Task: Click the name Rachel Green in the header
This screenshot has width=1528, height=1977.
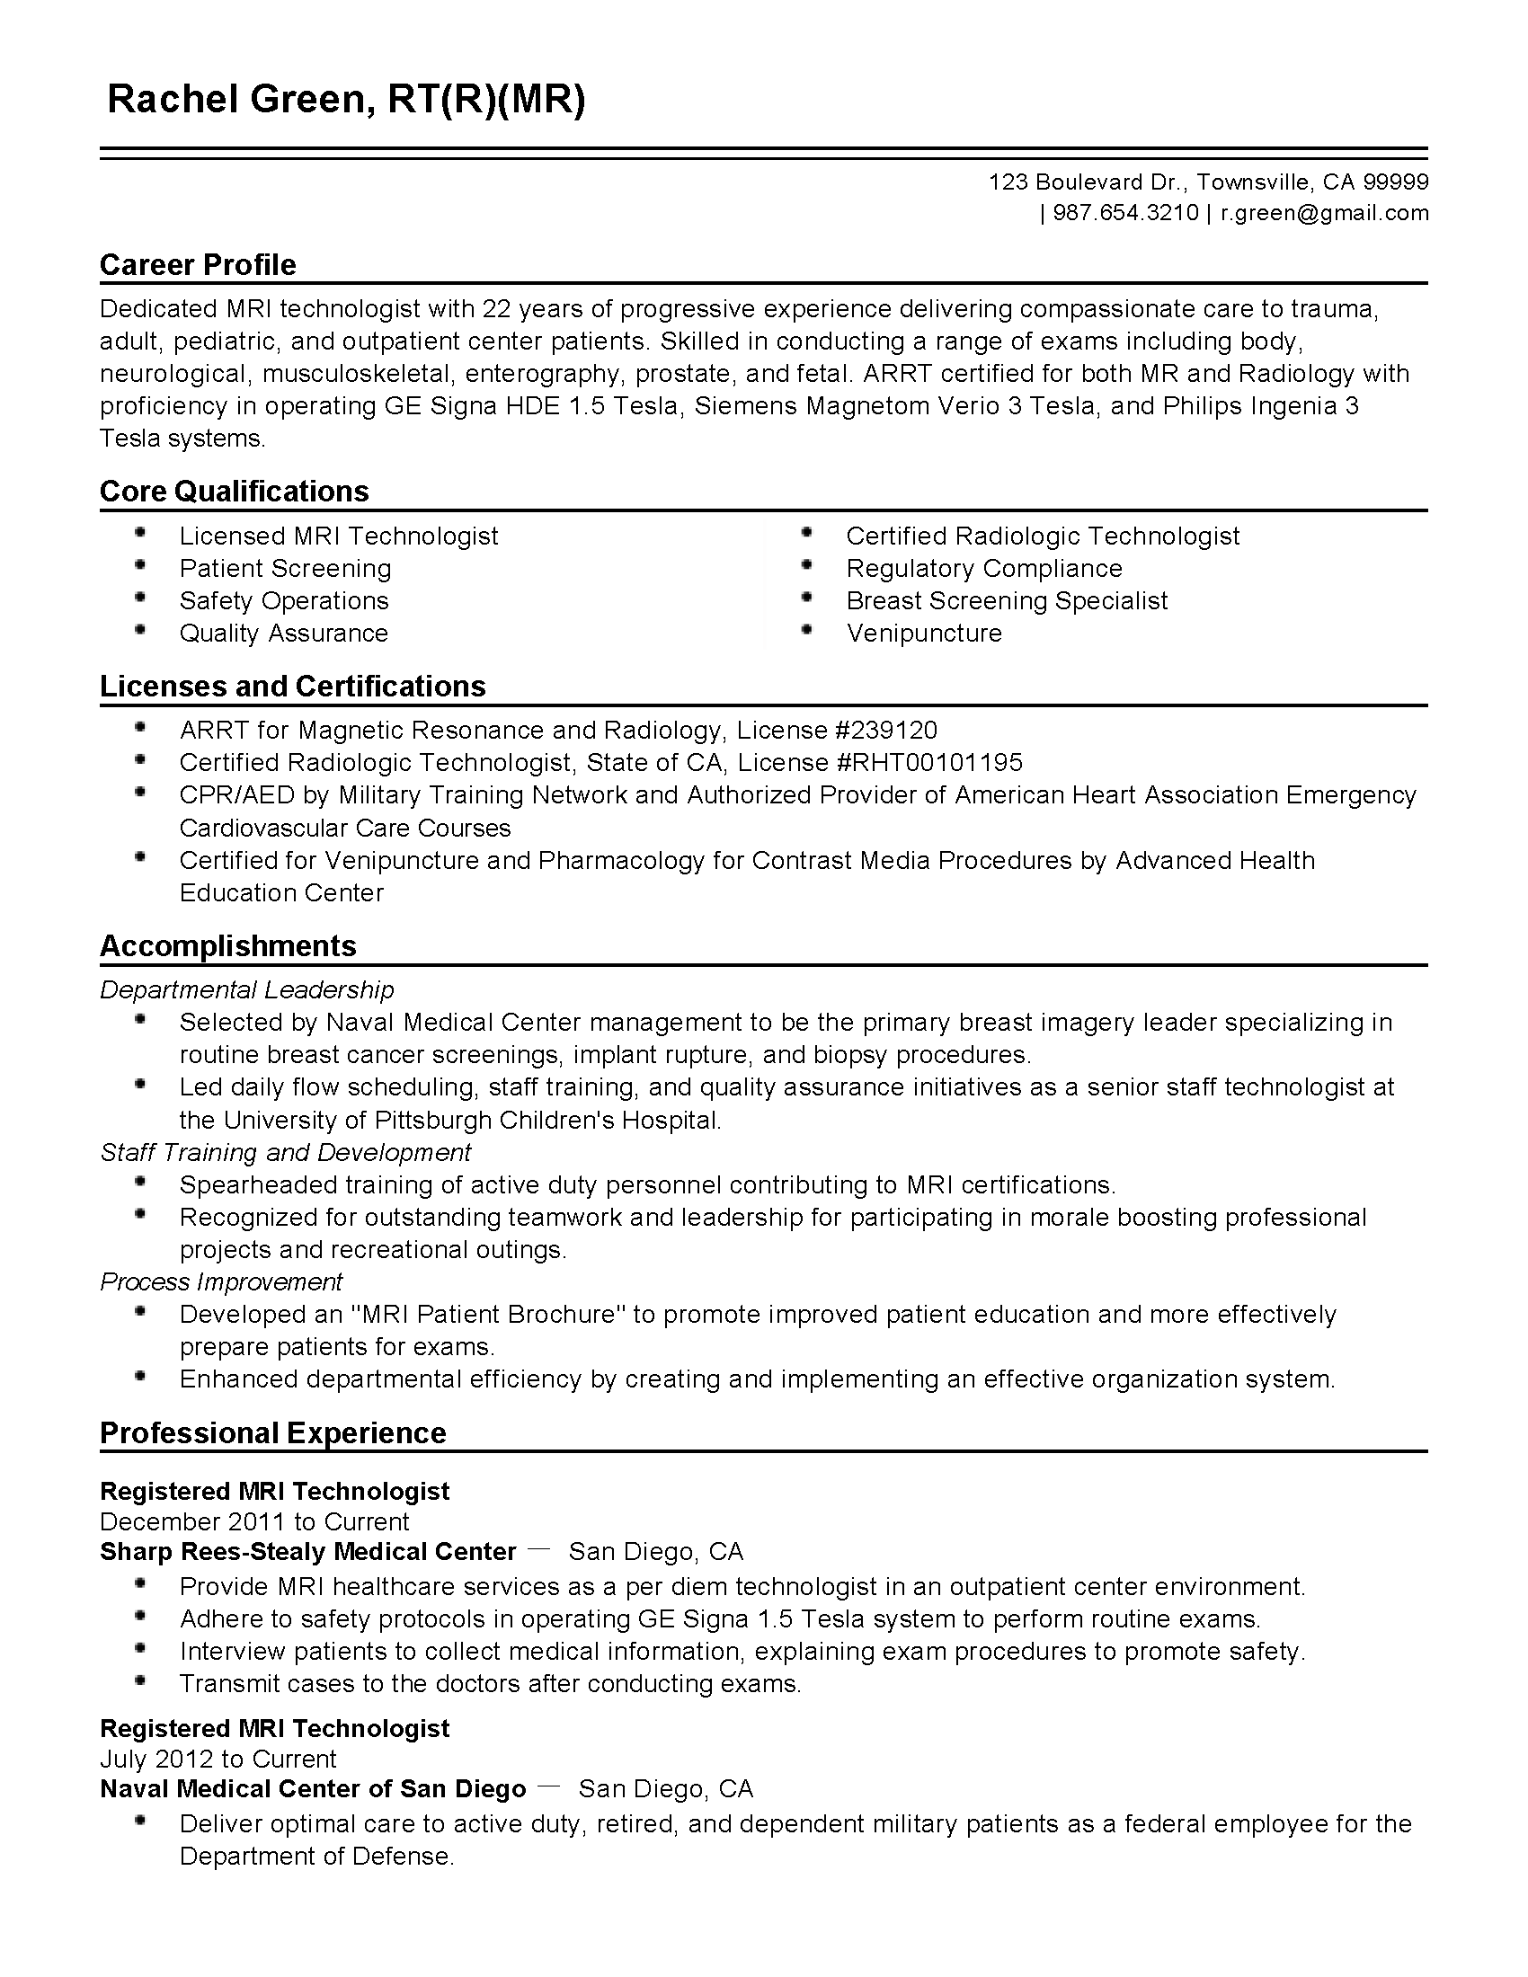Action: [x=235, y=100]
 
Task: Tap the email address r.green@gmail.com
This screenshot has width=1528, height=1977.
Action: [x=1324, y=214]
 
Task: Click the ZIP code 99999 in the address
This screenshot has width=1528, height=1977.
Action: [x=1396, y=182]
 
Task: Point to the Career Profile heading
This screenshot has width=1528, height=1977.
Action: [x=199, y=264]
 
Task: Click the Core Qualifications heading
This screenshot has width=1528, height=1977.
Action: [x=235, y=491]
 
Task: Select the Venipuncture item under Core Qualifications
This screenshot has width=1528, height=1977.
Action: [x=923, y=633]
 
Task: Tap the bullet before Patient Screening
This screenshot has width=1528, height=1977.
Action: [x=140, y=566]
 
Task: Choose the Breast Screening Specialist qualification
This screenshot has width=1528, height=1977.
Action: [x=1007, y=600]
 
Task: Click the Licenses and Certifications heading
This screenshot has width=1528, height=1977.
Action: [x=292, y=687]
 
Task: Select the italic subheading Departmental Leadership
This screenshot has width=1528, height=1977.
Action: [x=247, y=989]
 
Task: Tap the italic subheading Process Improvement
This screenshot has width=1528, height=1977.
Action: [x=221, y=1281]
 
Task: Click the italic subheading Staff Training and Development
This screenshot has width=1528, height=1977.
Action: [x=285, y=1152]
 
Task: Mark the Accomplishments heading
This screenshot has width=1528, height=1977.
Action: [x=228, y=946]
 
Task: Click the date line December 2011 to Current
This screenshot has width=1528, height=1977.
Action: [x=254, y=1521]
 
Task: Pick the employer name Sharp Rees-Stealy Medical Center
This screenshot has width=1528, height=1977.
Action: [x=307, y=1552]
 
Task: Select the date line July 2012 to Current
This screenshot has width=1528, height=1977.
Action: [x=218, y=1759]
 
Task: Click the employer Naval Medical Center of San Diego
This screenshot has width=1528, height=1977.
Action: [x=312, y=1788]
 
